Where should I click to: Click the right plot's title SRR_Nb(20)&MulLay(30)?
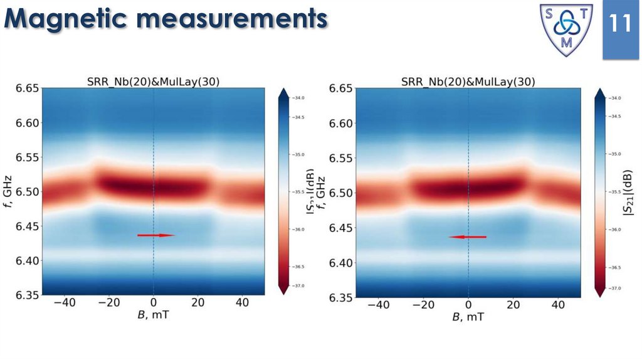[x=467, y=82]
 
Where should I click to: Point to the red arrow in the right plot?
[x=468, y=237]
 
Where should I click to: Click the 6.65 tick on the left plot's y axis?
[x=27, y=88]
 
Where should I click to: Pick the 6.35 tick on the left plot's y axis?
[x=27, y=295]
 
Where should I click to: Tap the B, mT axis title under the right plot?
[x=468, y=316]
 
